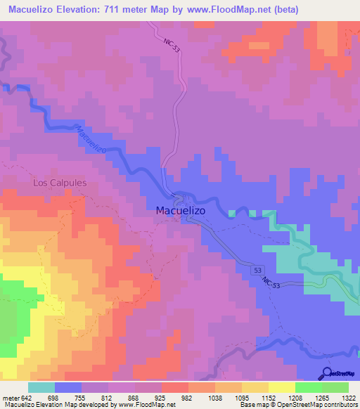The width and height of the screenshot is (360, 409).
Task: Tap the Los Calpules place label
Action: point(60,183)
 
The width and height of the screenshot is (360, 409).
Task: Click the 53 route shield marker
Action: point(258,270)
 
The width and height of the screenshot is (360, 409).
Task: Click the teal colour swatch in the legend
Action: point(41,387)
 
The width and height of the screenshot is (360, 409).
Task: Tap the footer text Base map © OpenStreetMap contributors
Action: point(297,405)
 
